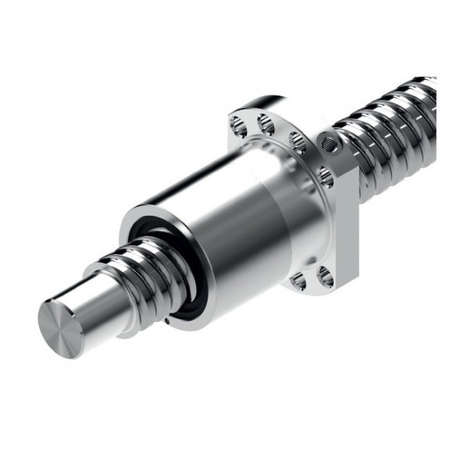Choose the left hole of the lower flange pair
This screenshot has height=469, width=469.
pyautogui.click(x=298, y=281)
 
